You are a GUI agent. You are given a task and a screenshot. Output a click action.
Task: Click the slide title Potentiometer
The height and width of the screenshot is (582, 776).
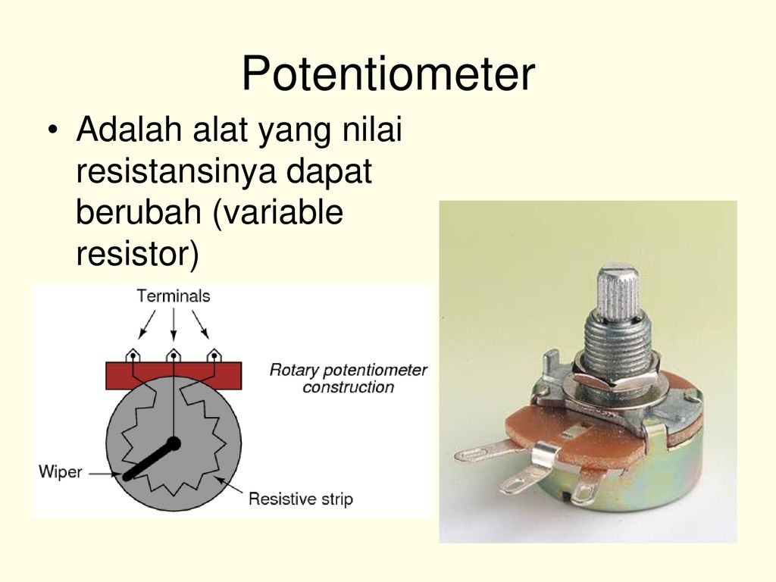[388, 74]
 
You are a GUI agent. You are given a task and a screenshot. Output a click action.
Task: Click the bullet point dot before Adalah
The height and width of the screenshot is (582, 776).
[53, 130]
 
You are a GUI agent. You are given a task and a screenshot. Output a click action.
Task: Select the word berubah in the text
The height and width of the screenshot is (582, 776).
[139, 212]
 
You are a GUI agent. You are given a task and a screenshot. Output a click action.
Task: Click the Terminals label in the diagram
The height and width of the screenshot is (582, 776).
[174, 296]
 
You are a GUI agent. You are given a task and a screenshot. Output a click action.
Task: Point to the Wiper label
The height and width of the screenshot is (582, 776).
[61, 471]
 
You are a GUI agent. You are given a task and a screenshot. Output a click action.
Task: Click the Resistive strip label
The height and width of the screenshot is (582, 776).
[301, 499]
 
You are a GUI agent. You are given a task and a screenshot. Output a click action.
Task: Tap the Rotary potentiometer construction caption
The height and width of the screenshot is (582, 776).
[348, 378]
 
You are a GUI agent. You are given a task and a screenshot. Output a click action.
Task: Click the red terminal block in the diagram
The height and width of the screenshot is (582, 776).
[174, 375]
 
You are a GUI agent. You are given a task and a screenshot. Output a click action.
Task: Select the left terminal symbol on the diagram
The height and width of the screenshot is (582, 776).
[133, 355]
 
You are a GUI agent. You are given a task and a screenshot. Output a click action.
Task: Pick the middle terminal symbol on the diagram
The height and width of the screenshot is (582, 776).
[174, 355]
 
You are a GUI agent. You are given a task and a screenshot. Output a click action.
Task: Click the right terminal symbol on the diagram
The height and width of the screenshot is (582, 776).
[214, 355]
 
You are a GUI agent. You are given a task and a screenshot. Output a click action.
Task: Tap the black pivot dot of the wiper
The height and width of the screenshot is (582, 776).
[174, 444]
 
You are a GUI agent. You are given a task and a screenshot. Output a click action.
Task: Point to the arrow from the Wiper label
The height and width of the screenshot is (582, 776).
[105, 474]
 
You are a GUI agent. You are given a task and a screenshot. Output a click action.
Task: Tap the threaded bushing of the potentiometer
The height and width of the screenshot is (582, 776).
[617, 341]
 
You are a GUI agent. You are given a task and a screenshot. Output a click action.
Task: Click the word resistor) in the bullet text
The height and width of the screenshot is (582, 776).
[137, 253]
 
